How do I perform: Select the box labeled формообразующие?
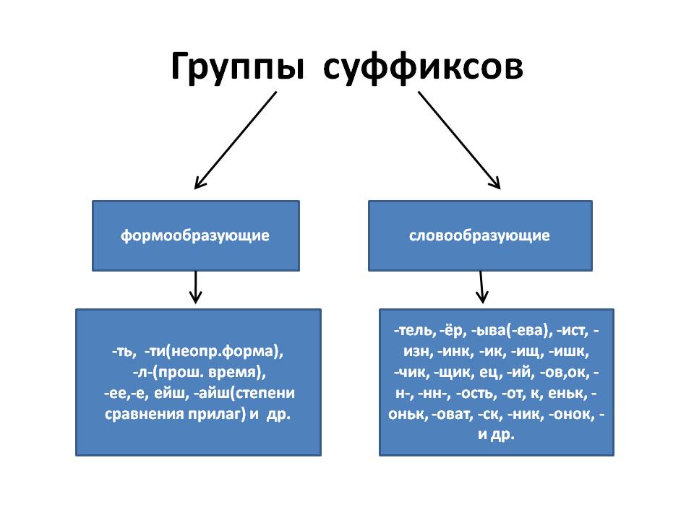(x=195, y=235)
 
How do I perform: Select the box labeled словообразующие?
(x=480, y=235)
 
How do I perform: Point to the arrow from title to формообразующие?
(x=236, y=139)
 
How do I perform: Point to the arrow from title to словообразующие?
(x=459, y=139)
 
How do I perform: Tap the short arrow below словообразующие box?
(x=482, y=287)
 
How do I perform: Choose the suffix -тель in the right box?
(x=415, y=331)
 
